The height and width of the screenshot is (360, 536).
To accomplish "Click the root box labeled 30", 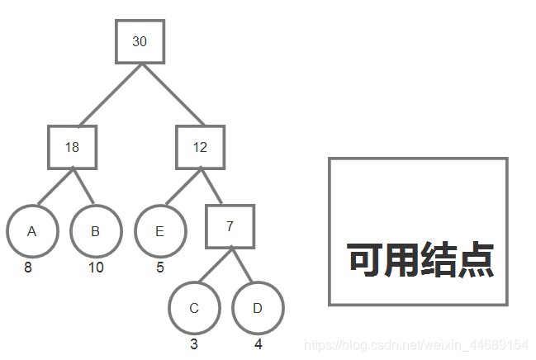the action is click(140, 41).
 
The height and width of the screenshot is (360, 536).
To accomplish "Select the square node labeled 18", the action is click(73, 148).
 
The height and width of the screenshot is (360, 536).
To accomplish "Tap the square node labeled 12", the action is click(201, 148).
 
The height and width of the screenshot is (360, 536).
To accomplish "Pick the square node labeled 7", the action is click(230, 226).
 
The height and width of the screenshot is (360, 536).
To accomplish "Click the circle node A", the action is click(31, 231).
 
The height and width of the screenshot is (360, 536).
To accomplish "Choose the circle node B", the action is click(95, 231).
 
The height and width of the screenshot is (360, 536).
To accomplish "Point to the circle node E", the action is click(160, 231).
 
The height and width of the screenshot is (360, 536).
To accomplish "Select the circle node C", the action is click(194, 308).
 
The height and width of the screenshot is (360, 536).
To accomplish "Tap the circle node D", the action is click(258, 308).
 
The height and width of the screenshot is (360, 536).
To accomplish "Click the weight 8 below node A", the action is click(28, 268).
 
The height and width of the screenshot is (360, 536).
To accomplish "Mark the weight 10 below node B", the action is click(96, 268).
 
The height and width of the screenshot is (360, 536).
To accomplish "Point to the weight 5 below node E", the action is click(160, 268).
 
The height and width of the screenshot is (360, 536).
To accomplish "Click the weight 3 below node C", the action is click(193, 344).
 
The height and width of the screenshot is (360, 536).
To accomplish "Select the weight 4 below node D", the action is click(259, 344).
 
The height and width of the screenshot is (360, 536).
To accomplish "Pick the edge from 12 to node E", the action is click(183, 188).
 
